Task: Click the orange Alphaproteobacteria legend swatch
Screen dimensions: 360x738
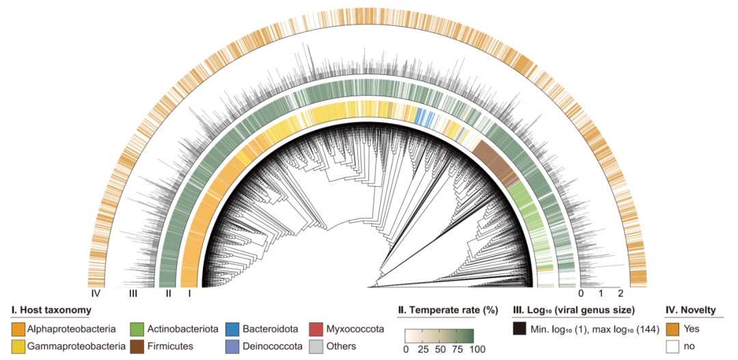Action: click(x=18, y=329)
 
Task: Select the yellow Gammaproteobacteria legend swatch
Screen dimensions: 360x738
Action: click(x=18, y=346)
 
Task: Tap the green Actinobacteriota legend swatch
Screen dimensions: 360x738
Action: click(x=136, y=329)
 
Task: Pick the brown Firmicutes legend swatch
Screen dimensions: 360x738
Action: click(x=136, y=346)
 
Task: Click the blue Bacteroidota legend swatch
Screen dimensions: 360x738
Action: click(x=232, y=329)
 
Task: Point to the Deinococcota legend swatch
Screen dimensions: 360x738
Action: click(x=232, y=346)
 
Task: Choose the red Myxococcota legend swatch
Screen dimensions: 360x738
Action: click(x=316, y=329)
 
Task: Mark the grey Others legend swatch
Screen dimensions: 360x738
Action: click(x=316, y=346)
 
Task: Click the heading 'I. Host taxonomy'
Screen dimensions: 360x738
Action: click(x=51, y=311)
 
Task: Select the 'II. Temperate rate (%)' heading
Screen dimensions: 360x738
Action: click(x=448, y=311)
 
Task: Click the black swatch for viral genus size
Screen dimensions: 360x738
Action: click(x=520, y=329)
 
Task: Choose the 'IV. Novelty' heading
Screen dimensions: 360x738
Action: click(x=691, y=311)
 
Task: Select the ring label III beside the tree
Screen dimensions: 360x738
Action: click(x=133, y=294)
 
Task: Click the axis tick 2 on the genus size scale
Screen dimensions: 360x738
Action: click(x=620, y=294)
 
